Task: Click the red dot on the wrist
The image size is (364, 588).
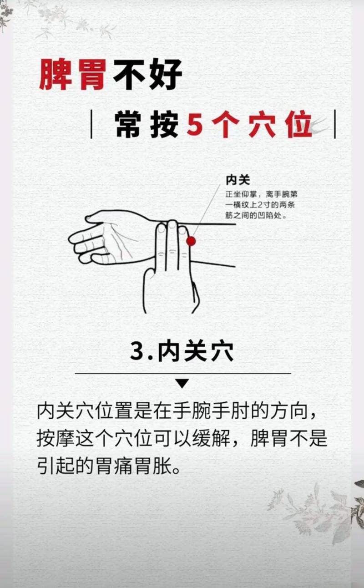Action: click(191, 241)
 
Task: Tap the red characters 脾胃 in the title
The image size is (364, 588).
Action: click(73, 74)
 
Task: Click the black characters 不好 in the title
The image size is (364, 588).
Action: click(147, 74)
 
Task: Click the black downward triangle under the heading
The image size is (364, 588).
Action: click(182, 384)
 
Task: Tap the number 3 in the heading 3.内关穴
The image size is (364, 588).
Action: click(137, 351)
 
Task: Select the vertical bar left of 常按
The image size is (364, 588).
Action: click(91, 124)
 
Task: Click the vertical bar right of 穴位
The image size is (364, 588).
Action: click(335, 124)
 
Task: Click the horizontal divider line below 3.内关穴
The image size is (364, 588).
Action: click(182, 373)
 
